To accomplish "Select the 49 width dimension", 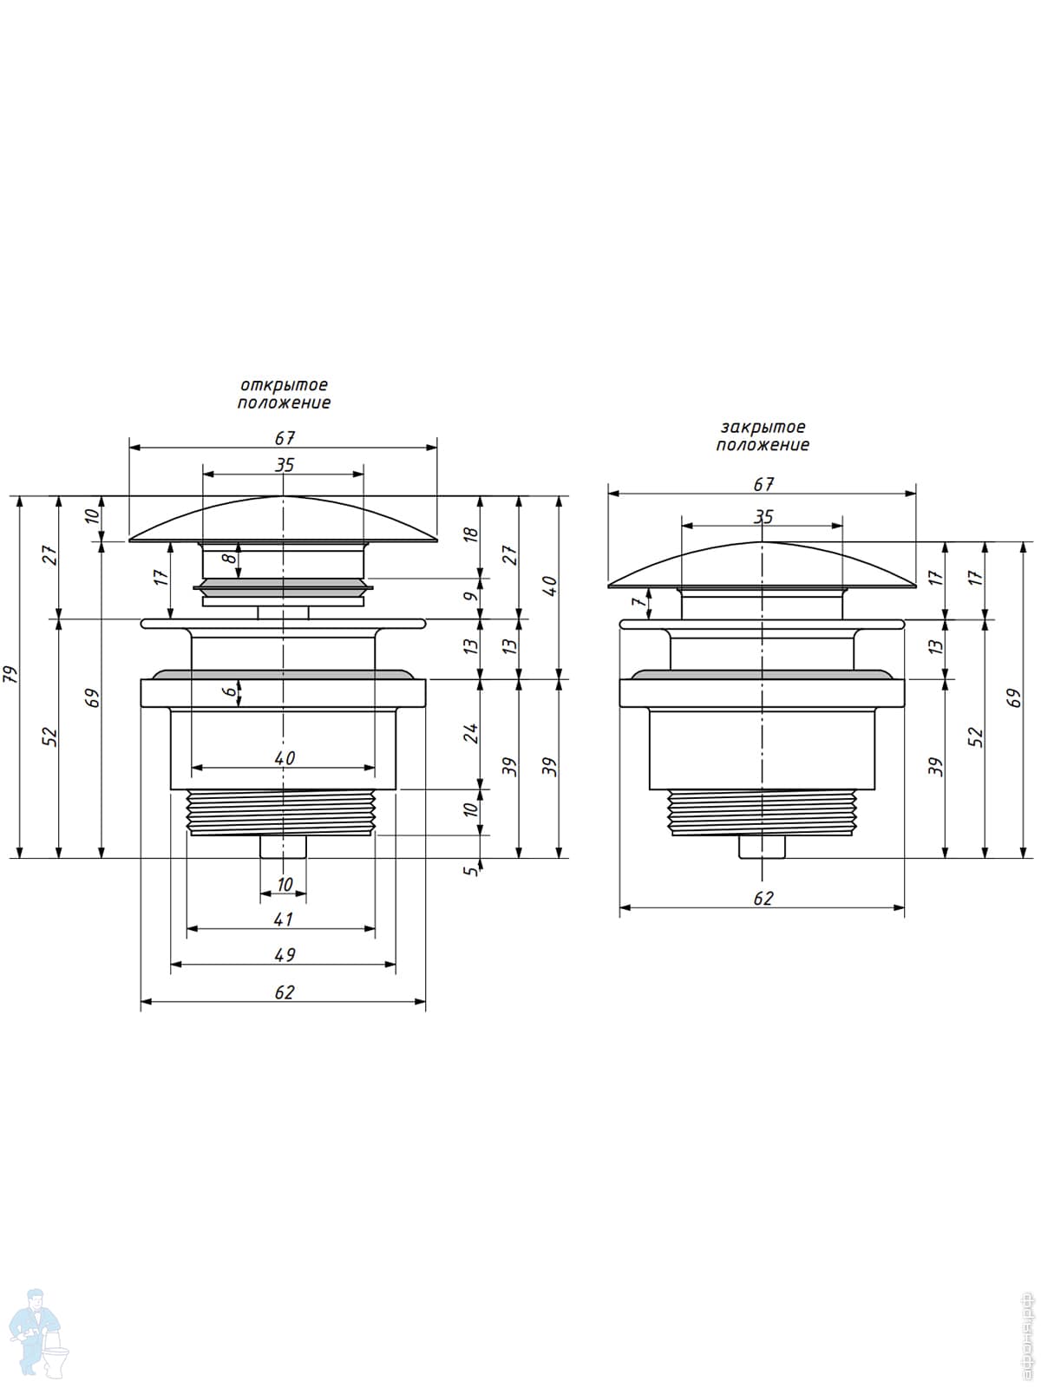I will pyautogui.click(x=285, y=954).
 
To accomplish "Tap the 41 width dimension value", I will pyautogui.click(x=285, y=919).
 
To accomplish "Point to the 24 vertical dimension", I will pyautogui.click(x=471, y=733).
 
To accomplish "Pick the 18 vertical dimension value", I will pyautogui.click(x=471, y=534).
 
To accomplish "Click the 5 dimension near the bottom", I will pyautogui.click(x=471, y=870).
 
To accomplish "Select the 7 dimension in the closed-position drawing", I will pyautogui.click(x=639, y=601).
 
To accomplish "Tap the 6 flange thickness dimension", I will pyautogui.click(x=229, y=691).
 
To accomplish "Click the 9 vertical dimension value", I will pyautogui.click(x=471, y=597).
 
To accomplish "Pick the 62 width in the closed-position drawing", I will pyautogui.click(x=763, y=899).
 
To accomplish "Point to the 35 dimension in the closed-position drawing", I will pyautogui.click(x=763, y=516).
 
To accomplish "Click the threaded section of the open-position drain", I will pyautogui.click(x=282, y=812).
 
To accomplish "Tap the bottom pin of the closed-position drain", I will pyautogui.click(x=763, y=846).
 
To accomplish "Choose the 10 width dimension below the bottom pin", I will pyautogui.click(x=285, y=885).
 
